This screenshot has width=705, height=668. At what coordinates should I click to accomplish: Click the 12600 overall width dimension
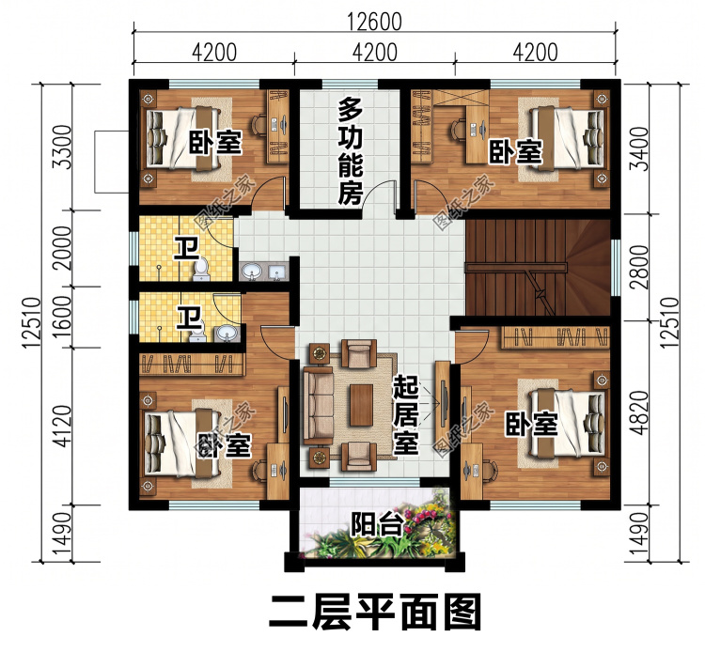tap(374, 22)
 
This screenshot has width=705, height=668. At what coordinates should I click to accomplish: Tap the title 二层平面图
tap(375, 613)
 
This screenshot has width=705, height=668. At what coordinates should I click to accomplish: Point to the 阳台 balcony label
tap(376, 524)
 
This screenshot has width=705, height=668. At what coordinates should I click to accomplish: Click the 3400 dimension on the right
tap(639, 148)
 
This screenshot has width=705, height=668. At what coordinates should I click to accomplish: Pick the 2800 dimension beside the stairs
tap(639, 267)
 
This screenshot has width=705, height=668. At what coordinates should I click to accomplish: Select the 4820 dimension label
tap(639, 412)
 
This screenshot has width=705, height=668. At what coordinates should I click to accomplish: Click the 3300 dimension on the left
tap(62, 147)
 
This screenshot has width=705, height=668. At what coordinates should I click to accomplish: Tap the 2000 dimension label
tap(62, 248)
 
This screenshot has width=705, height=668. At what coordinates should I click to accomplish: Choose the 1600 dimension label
tap(62, 318)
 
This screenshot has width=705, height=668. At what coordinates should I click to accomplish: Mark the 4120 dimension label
tap(62, 427)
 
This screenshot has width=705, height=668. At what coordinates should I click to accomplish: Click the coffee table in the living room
tap(362, 405)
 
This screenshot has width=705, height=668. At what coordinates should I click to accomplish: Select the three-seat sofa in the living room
tap(318, 404)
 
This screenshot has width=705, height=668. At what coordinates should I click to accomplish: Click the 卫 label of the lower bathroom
tap(189, 318)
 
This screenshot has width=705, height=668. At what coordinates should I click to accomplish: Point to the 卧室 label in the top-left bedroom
tap(215, 143)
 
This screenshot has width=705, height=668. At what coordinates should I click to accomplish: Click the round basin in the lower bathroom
tap(226, 334)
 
